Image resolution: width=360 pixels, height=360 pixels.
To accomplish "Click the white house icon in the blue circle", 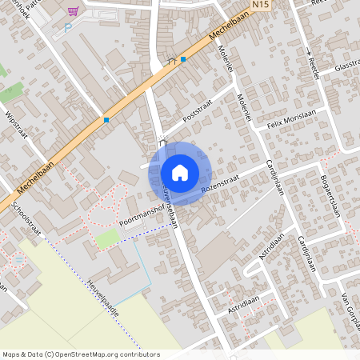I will [180, 172].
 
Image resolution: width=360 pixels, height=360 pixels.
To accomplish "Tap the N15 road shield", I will [259, 5].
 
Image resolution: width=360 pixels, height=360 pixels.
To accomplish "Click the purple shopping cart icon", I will [74, 11].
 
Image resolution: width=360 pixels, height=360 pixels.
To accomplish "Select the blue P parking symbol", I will [68, 26].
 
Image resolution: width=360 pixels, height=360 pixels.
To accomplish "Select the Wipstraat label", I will [16, 125].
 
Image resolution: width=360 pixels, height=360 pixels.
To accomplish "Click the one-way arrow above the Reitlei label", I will [309, 51].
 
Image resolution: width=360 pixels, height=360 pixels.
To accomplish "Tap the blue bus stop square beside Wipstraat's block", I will [106, 121].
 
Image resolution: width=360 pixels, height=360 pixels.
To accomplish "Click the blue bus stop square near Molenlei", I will [183, 59].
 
